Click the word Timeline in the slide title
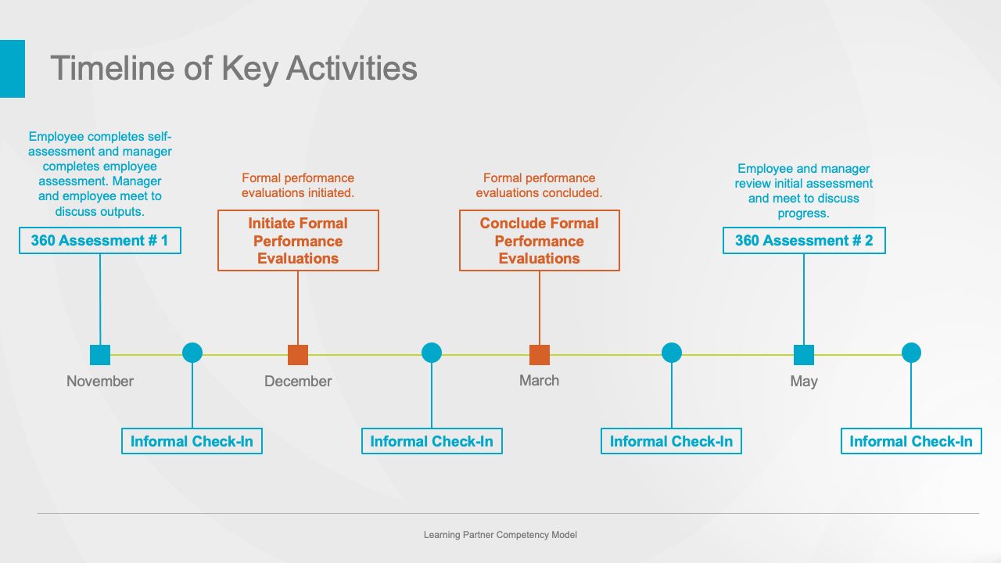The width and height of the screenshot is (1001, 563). pos(112,68)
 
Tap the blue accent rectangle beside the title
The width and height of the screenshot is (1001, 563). pos(13,68)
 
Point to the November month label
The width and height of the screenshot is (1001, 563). pos(99,381)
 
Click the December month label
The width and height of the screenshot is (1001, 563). pos(298,381)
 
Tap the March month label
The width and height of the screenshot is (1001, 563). pos(539,380)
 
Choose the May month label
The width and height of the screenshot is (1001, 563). pos(804,382)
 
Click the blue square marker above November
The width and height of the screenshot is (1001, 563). pos(100,355)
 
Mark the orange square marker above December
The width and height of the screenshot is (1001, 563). pos(298,355)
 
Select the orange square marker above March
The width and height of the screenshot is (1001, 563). pos(540,355)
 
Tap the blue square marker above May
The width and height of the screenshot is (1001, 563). pos(804,355)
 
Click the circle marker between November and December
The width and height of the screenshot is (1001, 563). pos(192,353)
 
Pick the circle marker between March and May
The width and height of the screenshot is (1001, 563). pos(672,353)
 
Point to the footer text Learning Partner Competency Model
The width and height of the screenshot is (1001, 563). pos(500,535)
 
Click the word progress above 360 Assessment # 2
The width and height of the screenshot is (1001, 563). pos(803,213)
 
